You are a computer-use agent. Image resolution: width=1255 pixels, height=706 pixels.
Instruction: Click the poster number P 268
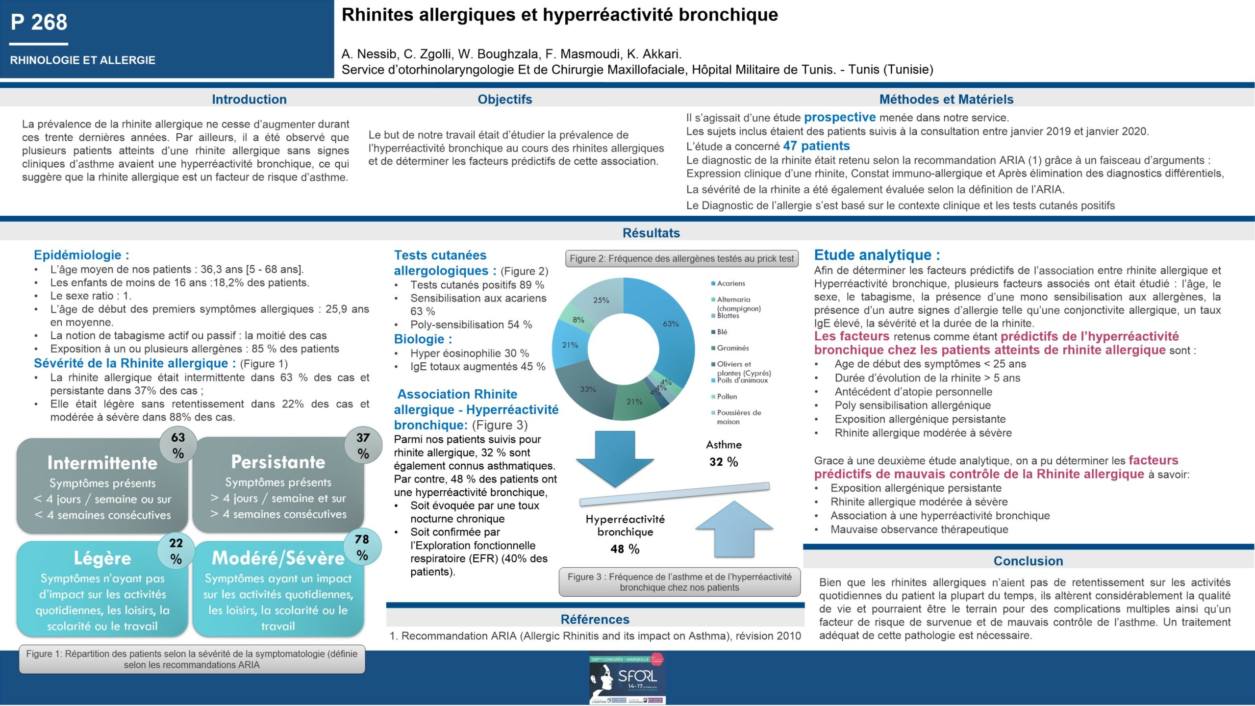(x=39, y=23)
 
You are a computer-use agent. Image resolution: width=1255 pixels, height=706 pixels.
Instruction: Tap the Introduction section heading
(x=249, y=100)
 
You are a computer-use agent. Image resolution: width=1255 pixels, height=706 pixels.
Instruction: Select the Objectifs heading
(x=504, y=100)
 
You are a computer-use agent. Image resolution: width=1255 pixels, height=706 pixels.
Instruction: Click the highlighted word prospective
(x=839, y=118)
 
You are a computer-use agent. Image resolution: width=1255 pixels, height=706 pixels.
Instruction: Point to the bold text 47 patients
(x=816, y=146)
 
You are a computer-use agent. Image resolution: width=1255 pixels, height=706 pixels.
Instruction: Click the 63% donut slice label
(x=671, y=324)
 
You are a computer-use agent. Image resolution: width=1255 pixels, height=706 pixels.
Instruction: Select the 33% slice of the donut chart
(x=588, y=389)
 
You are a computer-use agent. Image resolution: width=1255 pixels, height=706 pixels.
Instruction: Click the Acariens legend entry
(x=730, y=283)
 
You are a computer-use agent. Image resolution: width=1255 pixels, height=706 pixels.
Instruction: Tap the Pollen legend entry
(x=727, y=397)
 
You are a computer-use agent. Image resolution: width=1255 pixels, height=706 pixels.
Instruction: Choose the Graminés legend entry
(x=732, y=348)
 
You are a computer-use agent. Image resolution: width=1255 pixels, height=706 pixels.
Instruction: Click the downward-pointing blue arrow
(x=615, y=458)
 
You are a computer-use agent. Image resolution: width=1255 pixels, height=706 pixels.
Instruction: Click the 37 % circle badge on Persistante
(x=363, y=445)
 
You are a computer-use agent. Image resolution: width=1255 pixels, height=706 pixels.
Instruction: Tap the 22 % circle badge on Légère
(x=176, y=551)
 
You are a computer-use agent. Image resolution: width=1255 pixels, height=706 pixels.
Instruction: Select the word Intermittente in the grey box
(x=102, y=463)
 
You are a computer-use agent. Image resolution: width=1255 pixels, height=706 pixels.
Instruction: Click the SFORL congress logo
(x=627, y=679)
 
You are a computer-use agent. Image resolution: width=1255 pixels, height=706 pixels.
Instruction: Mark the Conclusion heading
(x=1028, y=561)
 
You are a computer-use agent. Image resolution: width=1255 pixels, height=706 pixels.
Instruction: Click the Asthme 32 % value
(x=723, y=462)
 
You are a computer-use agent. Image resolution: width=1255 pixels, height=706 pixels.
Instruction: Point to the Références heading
(x=595, y=619)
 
